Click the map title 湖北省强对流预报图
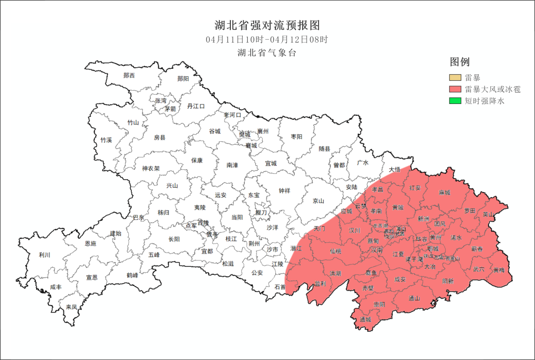point(267,25)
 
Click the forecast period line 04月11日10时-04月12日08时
point(267,39)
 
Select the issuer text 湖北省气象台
point(267,53)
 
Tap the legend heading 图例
point(459,62)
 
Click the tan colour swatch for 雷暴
point(455,78)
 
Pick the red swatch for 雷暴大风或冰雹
point(455,90)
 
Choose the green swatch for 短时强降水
point(455,101)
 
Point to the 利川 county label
point(45,255)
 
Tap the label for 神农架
point(151,168)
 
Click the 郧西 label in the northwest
point(129,75)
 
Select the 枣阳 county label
point(296,137)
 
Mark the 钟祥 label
point(284,191)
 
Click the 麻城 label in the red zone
point(444,192)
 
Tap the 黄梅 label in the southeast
point(498,270)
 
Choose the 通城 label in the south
point(366,319)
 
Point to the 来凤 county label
point(71,307)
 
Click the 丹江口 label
point(196,106)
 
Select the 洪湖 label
point(335,273)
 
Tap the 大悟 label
point(394,169)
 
